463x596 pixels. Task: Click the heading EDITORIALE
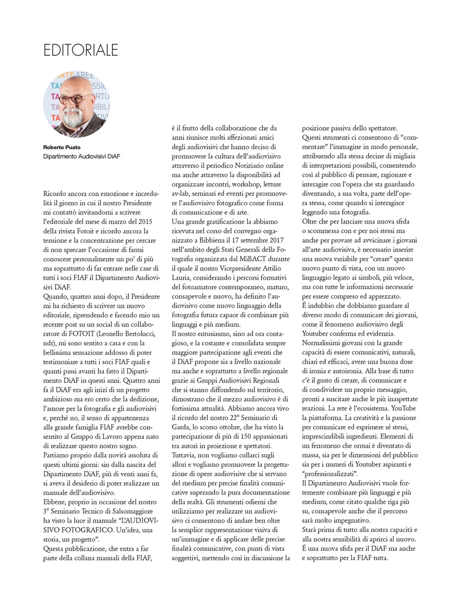tap(81, 50)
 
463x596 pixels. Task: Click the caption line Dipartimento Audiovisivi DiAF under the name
tap(82, 157)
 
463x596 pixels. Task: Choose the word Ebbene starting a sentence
tap(56, 509)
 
